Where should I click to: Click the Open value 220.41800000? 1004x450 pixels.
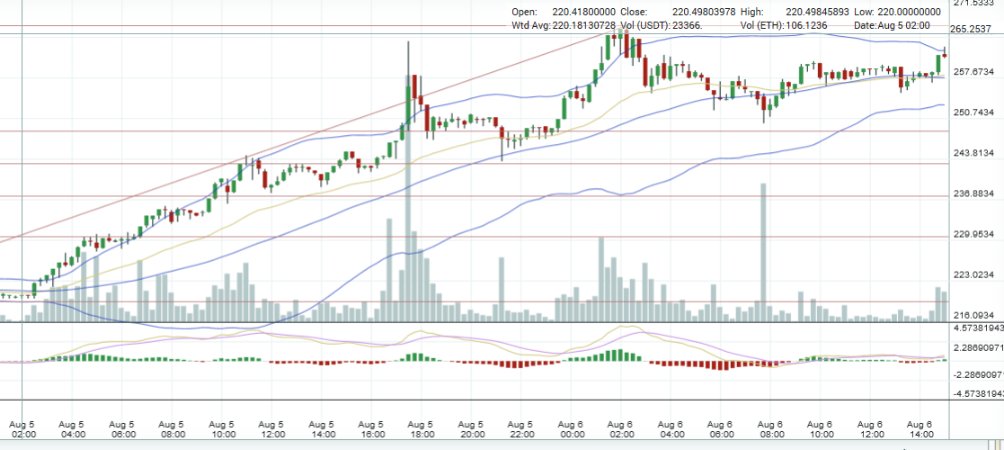(x=584, y=12)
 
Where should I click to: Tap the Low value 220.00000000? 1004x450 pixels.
(x=911, y=12)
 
